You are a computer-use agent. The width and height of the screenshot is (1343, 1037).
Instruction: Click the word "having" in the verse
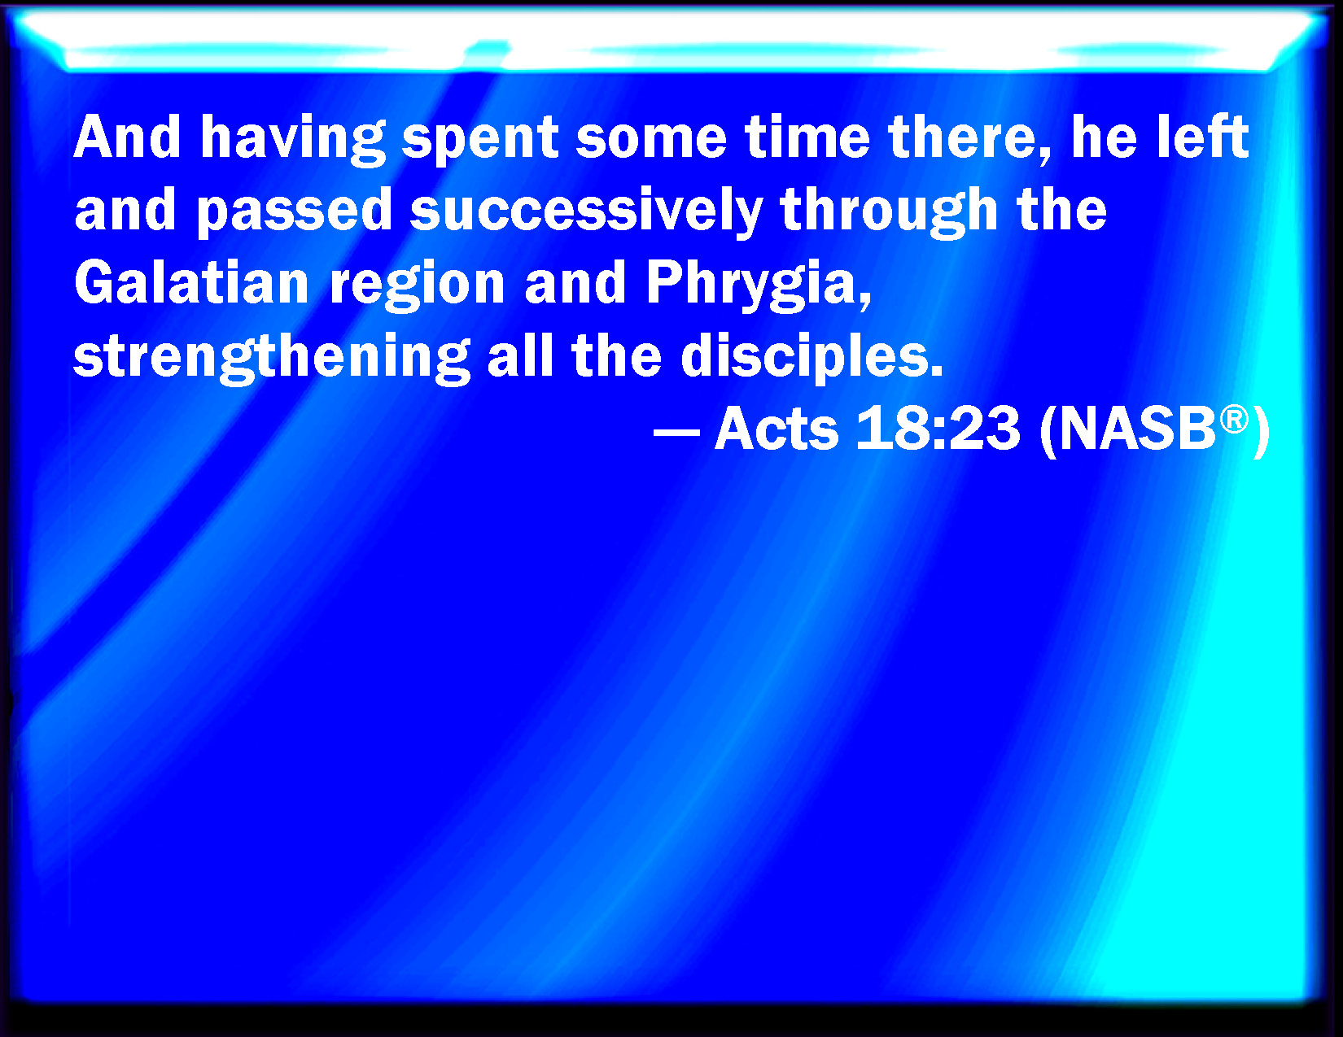click(x=292, y=139)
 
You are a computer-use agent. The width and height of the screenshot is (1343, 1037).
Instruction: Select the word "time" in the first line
click(x=807, y=137)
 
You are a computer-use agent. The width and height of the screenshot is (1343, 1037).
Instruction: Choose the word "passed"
click(x=294, y=212)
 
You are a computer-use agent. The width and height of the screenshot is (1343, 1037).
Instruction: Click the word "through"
click(x=889, y=212)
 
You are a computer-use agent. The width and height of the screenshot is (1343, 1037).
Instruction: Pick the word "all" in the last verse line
click(x=520, y=355)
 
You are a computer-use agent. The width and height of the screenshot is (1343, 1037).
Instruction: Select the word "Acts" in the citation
click(x=776, y=429)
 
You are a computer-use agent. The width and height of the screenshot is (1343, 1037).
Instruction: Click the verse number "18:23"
click(x=938, y=429)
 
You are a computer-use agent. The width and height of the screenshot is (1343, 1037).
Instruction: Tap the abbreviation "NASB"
click(x=1137, y=429)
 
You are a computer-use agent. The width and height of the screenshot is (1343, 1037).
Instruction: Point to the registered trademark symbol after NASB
click(x=1234, y=420)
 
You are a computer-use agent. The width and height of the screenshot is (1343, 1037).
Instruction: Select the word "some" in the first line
click(x=651, y=140)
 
